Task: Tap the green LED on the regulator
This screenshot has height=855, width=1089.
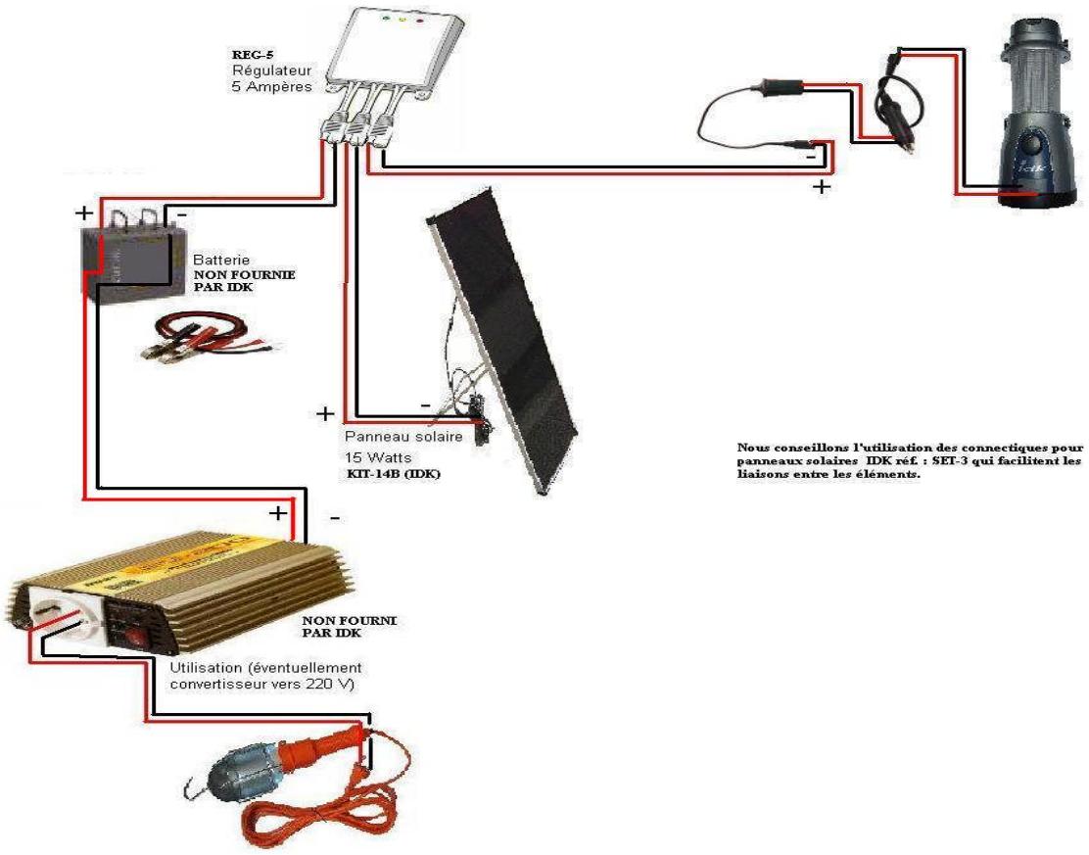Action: [385, 18]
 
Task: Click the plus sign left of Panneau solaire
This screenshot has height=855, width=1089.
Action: [325, 414]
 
